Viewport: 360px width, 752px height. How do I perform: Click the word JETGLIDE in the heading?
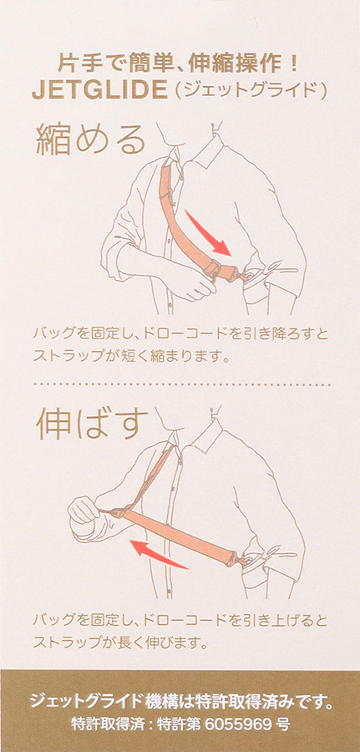(x=99, y=90)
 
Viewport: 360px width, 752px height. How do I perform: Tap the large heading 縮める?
(x=90, y=139)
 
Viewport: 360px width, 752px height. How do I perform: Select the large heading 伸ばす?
(x=90, y=425)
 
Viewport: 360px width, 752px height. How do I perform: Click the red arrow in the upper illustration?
(x=208, y=233)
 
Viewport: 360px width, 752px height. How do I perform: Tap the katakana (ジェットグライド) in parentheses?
(x=251, y=90)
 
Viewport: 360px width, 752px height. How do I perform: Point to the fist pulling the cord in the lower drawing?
(x=84, y=510)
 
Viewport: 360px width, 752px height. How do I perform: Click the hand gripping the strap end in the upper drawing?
(x=194, y=284)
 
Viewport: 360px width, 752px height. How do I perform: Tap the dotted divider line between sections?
(x=181, y=384)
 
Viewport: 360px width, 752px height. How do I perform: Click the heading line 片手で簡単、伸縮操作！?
(x=180, y=63)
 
